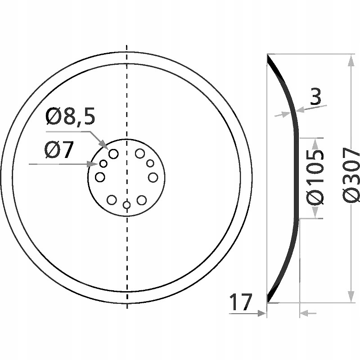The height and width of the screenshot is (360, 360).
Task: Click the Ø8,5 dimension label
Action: tap(70, 118)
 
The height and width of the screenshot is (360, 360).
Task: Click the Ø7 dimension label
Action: tap(58, 150)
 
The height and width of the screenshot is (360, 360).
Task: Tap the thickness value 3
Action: tap(315, 97)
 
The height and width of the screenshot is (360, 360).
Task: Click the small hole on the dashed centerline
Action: tap(127, 205)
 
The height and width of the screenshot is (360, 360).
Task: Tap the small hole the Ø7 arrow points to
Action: tap(103, 163)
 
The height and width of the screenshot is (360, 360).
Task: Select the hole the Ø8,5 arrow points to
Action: tap(113, 153)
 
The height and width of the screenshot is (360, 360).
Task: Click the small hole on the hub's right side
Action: tap(150, 163)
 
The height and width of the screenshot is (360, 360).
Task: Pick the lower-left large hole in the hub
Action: tap(111, 199)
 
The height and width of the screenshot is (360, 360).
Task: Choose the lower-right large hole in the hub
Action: tap(142, 199)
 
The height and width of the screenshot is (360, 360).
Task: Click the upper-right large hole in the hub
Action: tap(140, 153)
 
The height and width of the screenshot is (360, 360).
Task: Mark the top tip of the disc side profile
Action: tap(268, 56)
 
